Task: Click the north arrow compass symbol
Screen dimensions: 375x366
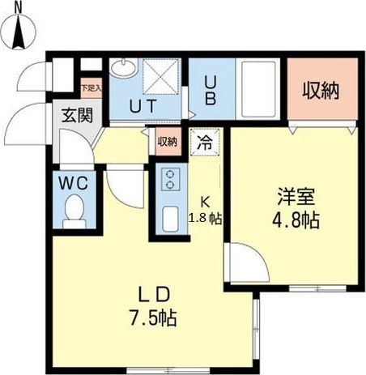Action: pyautogui.click(x=22, y=34)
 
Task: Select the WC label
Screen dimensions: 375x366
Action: pyautogui.click(x=72, y=182)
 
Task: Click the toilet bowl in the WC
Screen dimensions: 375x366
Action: pyautogui.click(x=73, y=211)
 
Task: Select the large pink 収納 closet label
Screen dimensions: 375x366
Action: pyautogui.click(x=321, y=91)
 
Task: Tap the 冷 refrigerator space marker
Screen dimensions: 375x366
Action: pyautogui.click(x=204, y=143)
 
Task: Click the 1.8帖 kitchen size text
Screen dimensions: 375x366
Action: pyautogui.click(x=206, y=218)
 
